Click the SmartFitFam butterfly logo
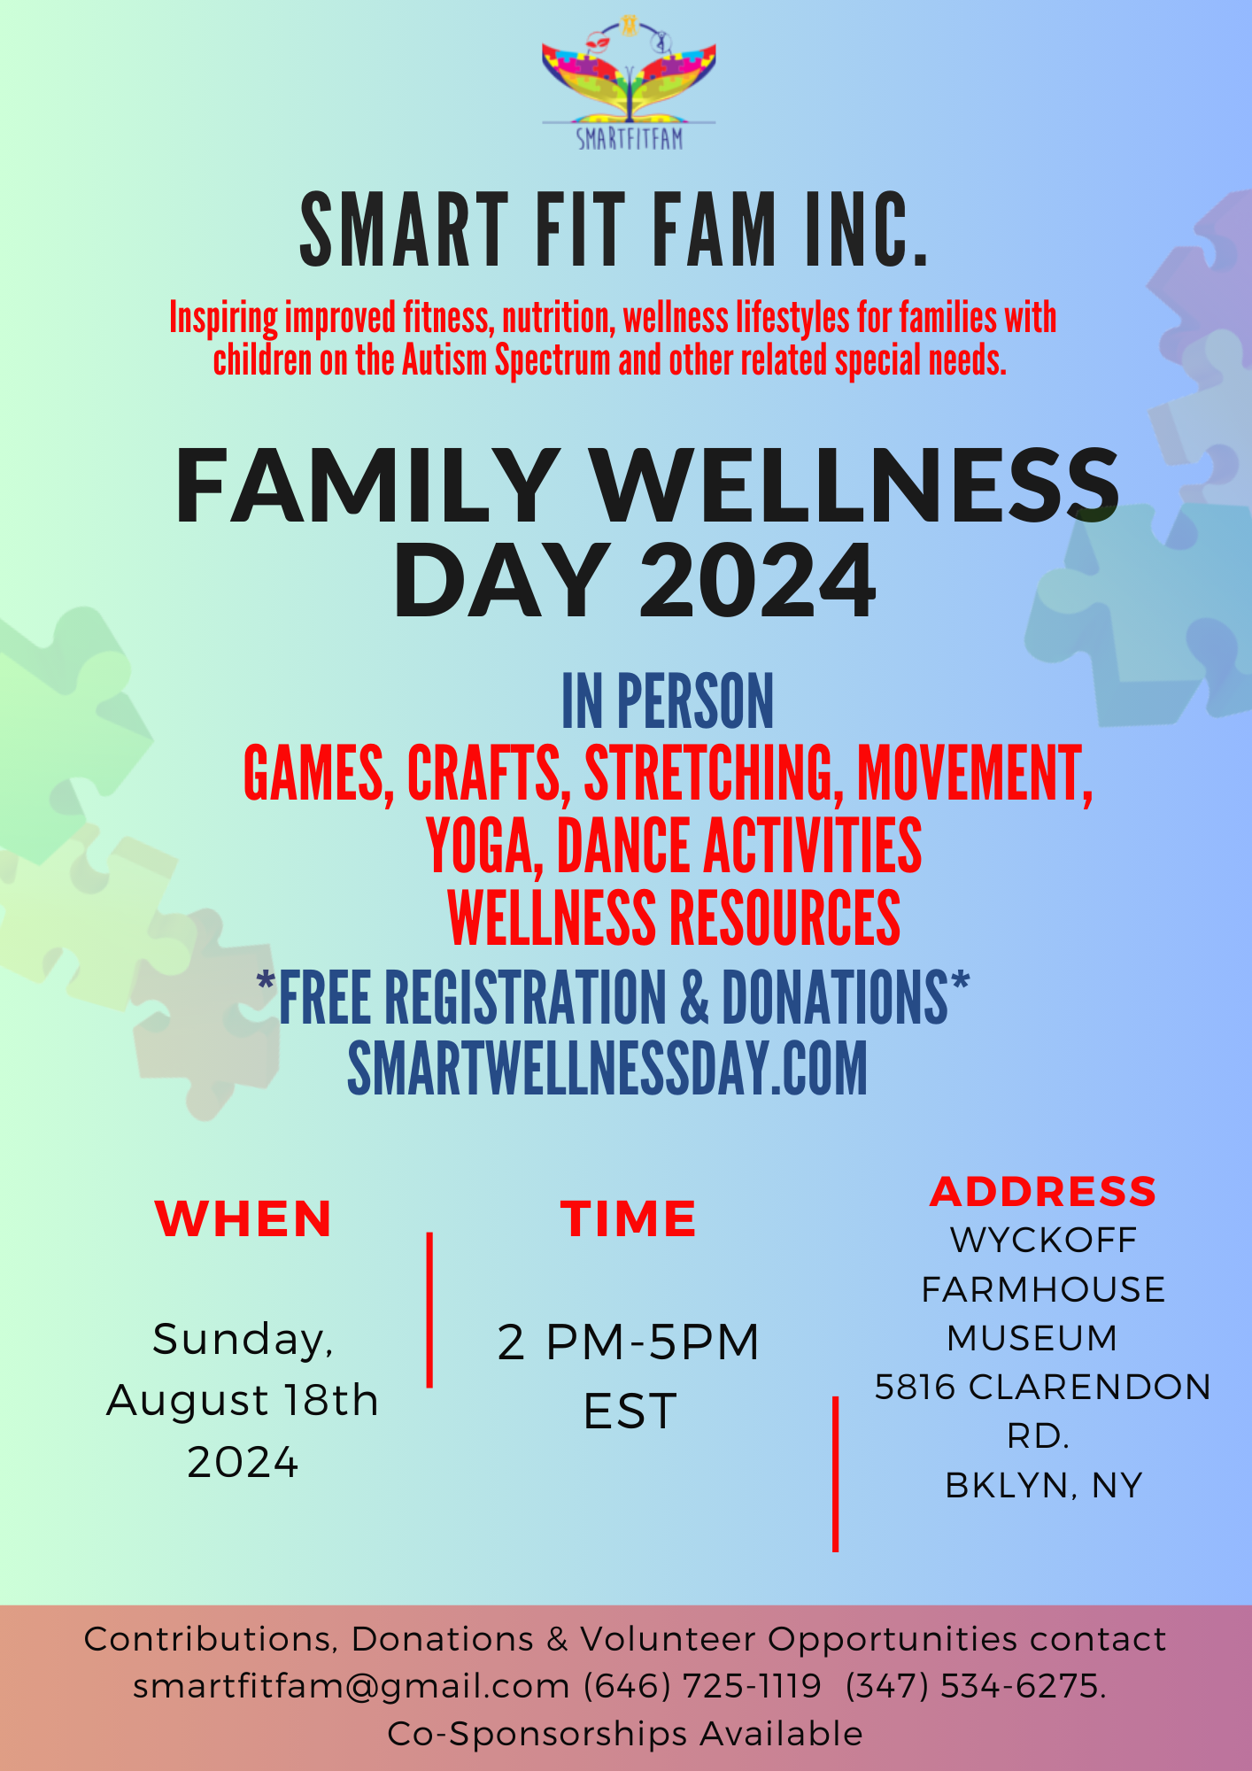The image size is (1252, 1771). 629,82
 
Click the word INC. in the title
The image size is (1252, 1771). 868,229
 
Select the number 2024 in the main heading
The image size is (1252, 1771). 758,581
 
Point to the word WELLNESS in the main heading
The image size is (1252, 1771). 856,486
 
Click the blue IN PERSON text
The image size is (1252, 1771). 668,700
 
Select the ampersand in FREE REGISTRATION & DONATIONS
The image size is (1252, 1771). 695,998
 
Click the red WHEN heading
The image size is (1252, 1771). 243,1218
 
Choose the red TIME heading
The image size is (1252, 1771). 628,1218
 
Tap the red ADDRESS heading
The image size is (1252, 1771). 1043,1192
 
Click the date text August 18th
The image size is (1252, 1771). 243,1401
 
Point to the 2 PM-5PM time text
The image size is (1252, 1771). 629,1342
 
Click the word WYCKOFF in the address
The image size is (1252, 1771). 1043,1241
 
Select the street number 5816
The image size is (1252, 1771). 916,1388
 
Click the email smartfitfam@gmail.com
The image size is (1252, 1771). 352,1687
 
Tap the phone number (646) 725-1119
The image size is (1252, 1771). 703,1686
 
